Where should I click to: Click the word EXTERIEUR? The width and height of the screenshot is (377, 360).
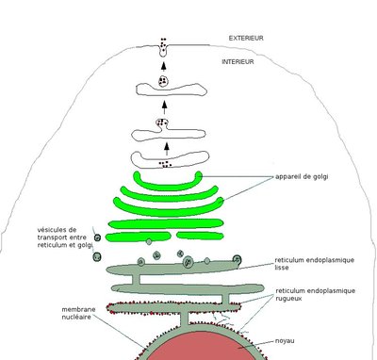pos(246,39)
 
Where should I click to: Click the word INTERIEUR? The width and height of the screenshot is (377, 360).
pos(241,61)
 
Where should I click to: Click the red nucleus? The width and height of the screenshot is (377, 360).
pos(188,344)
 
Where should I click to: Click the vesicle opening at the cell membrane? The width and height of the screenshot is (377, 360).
pos(165,51)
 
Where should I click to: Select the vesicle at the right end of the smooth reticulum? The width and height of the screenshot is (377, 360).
pos(237,260)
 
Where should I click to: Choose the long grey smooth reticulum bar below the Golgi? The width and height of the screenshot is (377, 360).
pos(170,270)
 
